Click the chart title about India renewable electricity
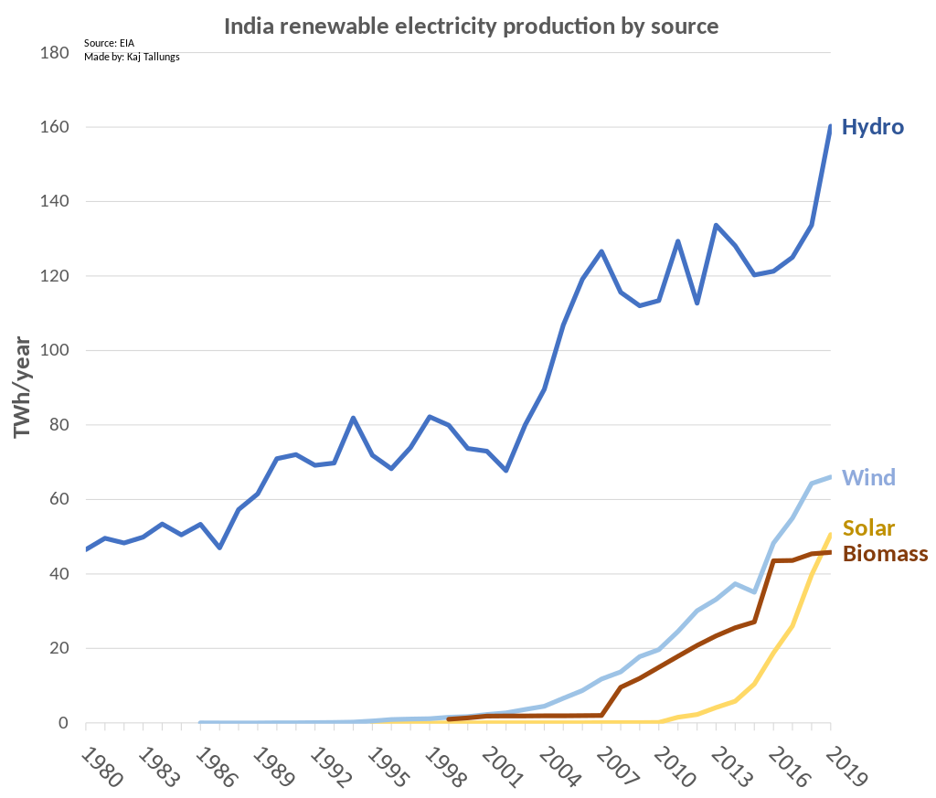471,26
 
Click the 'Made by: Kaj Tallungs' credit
132,57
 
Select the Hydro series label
872,127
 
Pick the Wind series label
868,477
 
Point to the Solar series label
868,527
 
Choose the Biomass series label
885,553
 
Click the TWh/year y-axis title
23,388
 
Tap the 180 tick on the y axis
55,53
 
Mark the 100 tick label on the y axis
55,351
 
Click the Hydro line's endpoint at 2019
830,126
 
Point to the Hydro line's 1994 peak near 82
353,418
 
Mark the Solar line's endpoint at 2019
830,534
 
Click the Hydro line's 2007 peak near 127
601,250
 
